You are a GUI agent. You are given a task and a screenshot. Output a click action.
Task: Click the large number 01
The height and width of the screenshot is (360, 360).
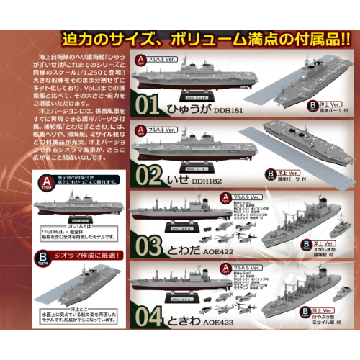[x=147, y=107]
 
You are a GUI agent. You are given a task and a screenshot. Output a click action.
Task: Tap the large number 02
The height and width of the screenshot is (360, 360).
[x=147, y=174]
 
